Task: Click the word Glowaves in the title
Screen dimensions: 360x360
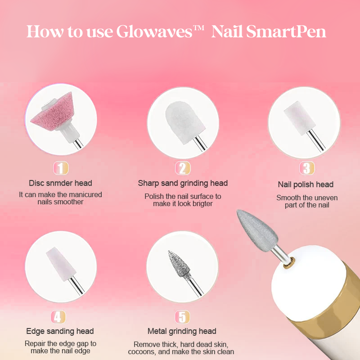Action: [x=154, y=31]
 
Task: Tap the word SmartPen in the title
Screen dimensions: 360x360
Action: [x=286, y=31]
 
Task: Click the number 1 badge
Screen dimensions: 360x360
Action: [x=61, y=168]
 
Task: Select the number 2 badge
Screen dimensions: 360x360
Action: [x=183, y=168]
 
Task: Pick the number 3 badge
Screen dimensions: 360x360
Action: [x=307, y=168]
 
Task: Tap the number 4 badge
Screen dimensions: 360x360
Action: [x=58, y=317]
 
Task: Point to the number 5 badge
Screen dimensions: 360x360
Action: [x=183, y=317]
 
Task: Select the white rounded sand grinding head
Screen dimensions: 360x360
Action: [x=185, y=121]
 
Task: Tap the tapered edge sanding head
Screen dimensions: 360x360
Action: [x=61, y=264]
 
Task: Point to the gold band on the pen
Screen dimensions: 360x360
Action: [x=335, y=301]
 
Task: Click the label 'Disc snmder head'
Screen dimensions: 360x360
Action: [x=60, y=183]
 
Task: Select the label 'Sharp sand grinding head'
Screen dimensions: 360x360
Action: [x=183, y=184]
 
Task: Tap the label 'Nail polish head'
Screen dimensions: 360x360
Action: [x=306, y=184]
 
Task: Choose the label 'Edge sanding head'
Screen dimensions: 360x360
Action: [x=60, y=331]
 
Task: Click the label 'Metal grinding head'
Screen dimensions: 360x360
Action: [x=182, y=331]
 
